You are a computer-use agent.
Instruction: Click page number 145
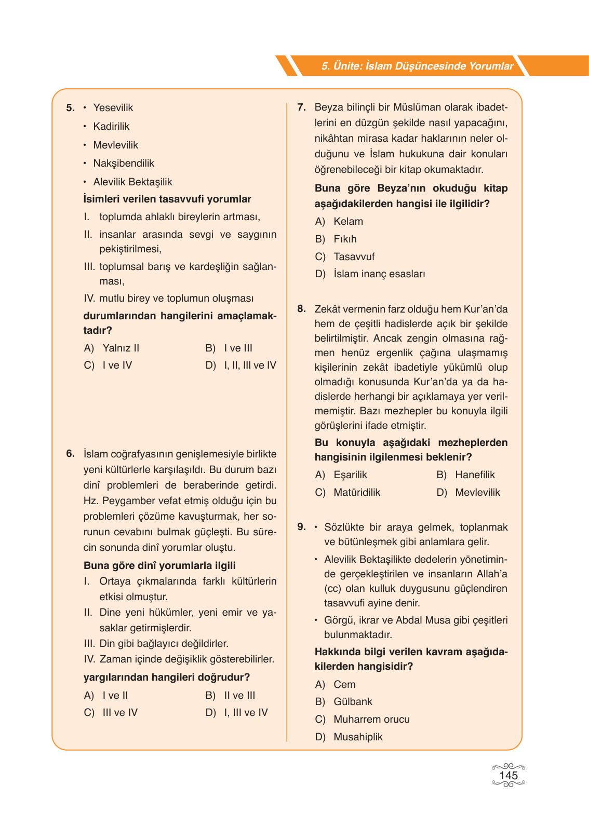pyautogui.click(x=508, y=775)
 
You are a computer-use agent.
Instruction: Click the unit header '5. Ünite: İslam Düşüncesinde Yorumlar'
pyautogui.click(x=417, y=66)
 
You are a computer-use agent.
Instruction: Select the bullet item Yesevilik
pyautogui.click(x=113, y=107)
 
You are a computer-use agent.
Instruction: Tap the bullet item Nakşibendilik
pyautogui.click(x=124, y=163)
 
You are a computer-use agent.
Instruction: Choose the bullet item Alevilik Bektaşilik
pyautogui.click(x=132, y=182)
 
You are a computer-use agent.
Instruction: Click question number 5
pyautogui.click(x=71, y=108)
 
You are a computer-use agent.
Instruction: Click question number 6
pyautogui.click(x=71, y=454)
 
